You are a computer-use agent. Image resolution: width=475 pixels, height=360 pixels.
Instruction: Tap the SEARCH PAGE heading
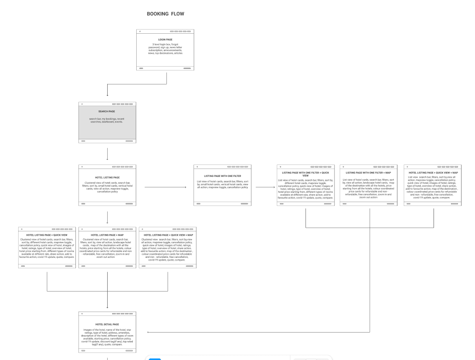[107, 111]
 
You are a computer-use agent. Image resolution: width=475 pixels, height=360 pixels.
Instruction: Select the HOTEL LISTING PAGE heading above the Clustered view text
[107, 177]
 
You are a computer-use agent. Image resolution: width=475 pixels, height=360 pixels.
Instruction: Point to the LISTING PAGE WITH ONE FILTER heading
[223, 176]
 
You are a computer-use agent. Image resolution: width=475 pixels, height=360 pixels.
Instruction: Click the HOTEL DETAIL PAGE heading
[107, 324]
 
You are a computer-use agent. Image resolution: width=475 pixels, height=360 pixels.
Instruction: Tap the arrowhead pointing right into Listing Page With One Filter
[185, 188]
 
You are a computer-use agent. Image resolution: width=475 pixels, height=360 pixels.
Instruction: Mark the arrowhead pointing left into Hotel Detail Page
[149, 332]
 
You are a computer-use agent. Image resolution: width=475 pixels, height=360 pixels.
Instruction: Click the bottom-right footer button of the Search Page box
[129, 141]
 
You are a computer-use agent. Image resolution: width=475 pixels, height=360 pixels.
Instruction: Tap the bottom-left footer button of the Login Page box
[141, 68]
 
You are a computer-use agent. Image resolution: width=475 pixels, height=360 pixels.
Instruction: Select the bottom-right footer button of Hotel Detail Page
[129, 350]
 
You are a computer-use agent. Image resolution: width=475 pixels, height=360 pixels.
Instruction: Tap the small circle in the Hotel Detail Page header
[82, 313]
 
